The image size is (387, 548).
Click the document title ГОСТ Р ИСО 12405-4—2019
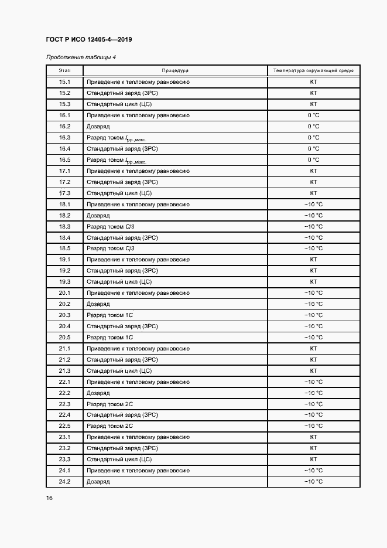[x=88, y=40]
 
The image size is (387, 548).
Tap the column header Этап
[x=64, y=70]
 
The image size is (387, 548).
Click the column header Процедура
[x=175, y=70]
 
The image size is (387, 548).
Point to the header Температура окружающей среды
[x=313, y=70]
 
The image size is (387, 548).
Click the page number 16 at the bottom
[x=49, y=498]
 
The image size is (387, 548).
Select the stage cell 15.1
[x=64, y=82]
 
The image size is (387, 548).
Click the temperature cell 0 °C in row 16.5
[x=313, y=160]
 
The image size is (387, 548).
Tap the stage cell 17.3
[x=64, y=193]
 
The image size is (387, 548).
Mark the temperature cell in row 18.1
[x=313, y=205]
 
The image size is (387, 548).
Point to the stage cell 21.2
[x=64, y=360]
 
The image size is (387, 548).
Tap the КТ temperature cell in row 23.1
[x=313, y=437]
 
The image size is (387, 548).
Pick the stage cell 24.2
[x=64, y=482]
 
